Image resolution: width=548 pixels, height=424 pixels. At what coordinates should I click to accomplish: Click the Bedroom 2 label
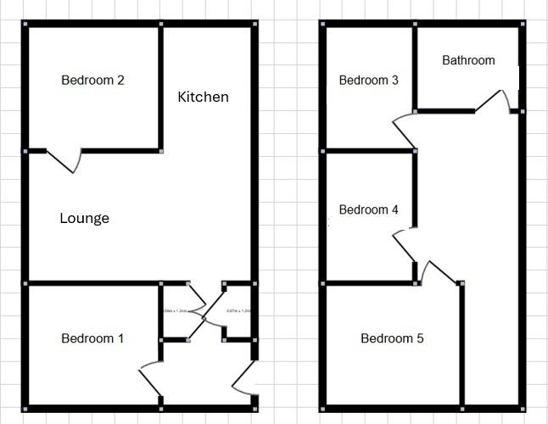tap(93, 81)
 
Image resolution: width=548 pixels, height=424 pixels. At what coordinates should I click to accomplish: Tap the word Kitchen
tap(203, 97)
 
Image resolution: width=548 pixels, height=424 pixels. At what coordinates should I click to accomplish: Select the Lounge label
tap(84, 218)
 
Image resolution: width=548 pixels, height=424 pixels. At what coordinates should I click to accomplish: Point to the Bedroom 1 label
tap(92, 338)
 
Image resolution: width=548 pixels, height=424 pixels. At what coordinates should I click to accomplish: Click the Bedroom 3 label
tap(368, 81)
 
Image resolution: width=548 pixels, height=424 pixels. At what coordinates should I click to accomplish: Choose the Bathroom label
tap(468, 60)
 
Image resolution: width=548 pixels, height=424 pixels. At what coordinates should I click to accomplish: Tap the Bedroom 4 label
tap(368, 209)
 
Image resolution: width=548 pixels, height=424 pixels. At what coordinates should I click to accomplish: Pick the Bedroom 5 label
tap(392, 338)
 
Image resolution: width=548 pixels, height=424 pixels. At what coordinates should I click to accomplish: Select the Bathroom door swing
tap(495, 101)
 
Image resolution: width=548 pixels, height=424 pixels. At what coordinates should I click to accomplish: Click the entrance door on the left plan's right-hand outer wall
tap(245, 378)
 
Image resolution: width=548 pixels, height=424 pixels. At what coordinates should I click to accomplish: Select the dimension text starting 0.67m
tap(238, 311)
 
